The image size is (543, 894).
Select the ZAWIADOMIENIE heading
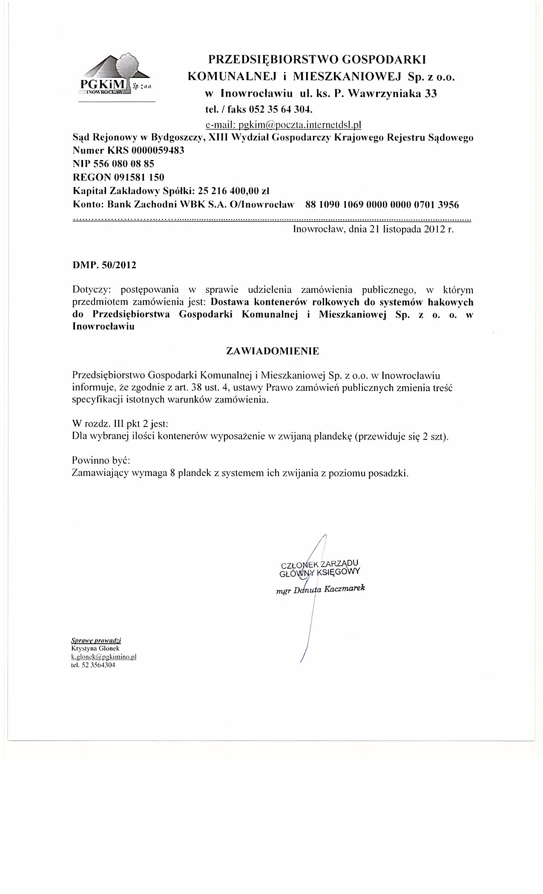click(272, 351)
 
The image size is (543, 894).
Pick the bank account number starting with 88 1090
click(382, 204)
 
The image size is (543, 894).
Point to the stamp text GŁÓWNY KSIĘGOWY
click(319, 572)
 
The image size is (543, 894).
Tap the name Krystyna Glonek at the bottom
click(92, 648)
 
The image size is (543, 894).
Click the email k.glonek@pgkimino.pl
click(103, 656)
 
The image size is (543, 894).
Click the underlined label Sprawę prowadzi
click(96, 640)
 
